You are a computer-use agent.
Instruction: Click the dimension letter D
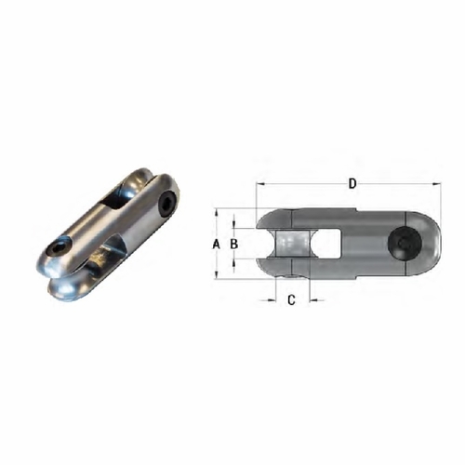352,184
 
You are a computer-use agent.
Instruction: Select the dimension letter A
216,244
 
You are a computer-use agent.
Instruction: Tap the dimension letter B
235,244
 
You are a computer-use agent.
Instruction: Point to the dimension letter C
291,299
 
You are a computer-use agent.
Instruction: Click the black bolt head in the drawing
406,245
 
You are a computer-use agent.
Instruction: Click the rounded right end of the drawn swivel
430,245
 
